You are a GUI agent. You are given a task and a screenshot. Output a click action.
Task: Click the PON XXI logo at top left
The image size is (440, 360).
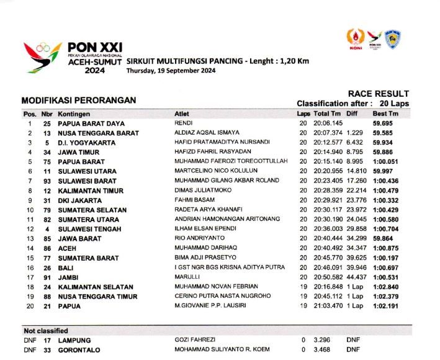pos(73,58)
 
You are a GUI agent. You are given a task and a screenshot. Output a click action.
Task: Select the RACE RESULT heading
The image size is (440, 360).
pos(378,94)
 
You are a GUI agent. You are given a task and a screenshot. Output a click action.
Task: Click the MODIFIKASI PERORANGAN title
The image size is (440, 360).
pos(79,100)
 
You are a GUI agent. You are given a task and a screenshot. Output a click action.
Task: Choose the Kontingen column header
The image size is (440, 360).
pos(74,114)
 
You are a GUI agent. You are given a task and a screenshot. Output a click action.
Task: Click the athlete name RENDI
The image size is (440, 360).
pos(183,124)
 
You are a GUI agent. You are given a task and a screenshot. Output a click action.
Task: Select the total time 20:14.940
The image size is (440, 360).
pos(327,152)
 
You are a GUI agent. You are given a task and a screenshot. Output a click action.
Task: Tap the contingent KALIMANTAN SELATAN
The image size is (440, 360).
pos(96,287)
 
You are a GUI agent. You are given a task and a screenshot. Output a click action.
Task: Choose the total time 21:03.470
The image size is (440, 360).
pos(327,306)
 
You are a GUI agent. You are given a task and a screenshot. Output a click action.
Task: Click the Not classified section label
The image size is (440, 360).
pos(45,331)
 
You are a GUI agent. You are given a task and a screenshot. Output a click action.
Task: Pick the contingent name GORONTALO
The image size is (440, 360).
pos(80,350)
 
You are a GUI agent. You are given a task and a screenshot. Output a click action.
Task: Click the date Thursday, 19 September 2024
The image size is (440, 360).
pos(171,71)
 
